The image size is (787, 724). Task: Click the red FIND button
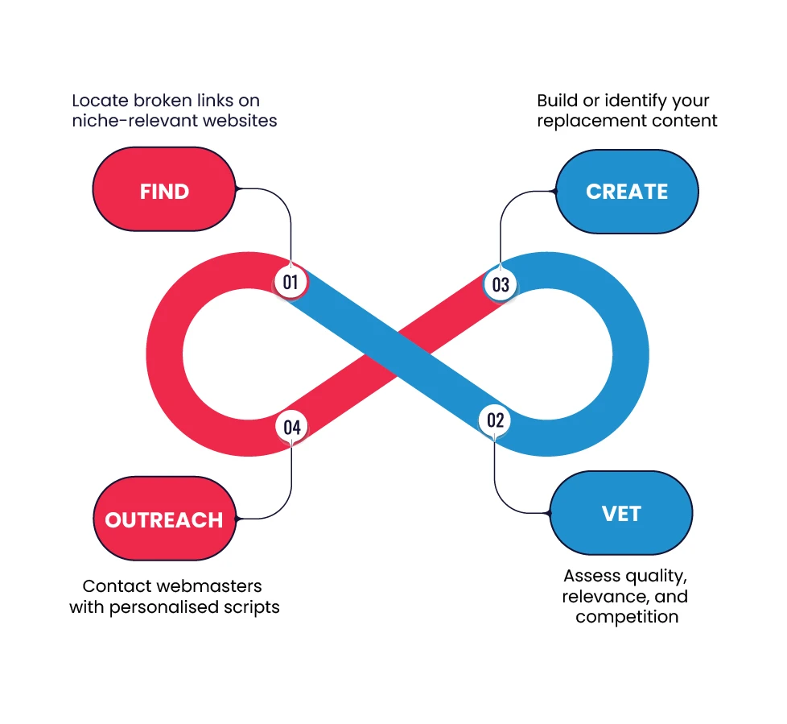164,192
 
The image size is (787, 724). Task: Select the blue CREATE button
627,192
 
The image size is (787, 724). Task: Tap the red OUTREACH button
164,519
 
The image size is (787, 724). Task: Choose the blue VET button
620,513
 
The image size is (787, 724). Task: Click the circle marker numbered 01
290,282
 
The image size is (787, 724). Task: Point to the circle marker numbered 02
495,420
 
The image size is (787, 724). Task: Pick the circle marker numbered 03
501,284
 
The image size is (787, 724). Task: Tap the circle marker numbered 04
291,427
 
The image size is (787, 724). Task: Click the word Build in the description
556,101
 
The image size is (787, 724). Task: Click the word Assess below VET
592,577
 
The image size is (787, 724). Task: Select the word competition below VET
627,617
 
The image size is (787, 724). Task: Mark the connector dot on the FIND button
236,189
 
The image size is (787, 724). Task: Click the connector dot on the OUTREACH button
236,517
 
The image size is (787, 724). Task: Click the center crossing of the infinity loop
397,352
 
